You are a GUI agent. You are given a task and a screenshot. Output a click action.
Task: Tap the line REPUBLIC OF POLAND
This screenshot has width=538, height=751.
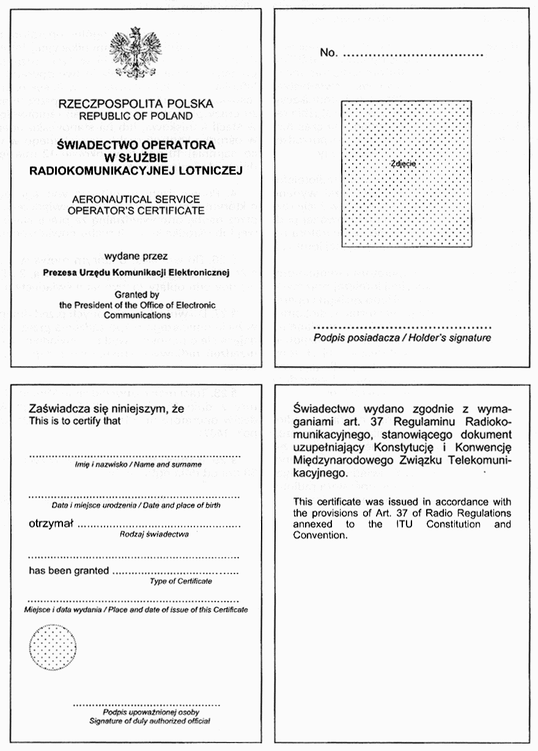click(x=136, y=115)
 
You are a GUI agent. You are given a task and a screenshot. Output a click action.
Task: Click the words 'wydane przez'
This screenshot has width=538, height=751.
click(x=136, y=256)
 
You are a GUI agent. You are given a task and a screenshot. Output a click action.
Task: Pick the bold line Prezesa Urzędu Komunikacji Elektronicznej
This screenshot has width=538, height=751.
click(x=136, y=271)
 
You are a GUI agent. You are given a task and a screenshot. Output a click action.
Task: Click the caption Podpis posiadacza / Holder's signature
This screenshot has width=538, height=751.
click(x=402, y=338)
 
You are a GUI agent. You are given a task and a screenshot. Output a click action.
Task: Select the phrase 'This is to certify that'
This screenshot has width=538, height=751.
click(x=75, y=421)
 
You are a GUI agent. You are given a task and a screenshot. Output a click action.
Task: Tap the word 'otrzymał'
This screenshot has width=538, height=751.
click(x=51, y=524)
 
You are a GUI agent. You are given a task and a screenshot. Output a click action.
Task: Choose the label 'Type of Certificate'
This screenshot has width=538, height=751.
click(x=181, y=581)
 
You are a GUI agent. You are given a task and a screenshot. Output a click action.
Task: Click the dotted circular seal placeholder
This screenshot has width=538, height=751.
click(x=53, y=647)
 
